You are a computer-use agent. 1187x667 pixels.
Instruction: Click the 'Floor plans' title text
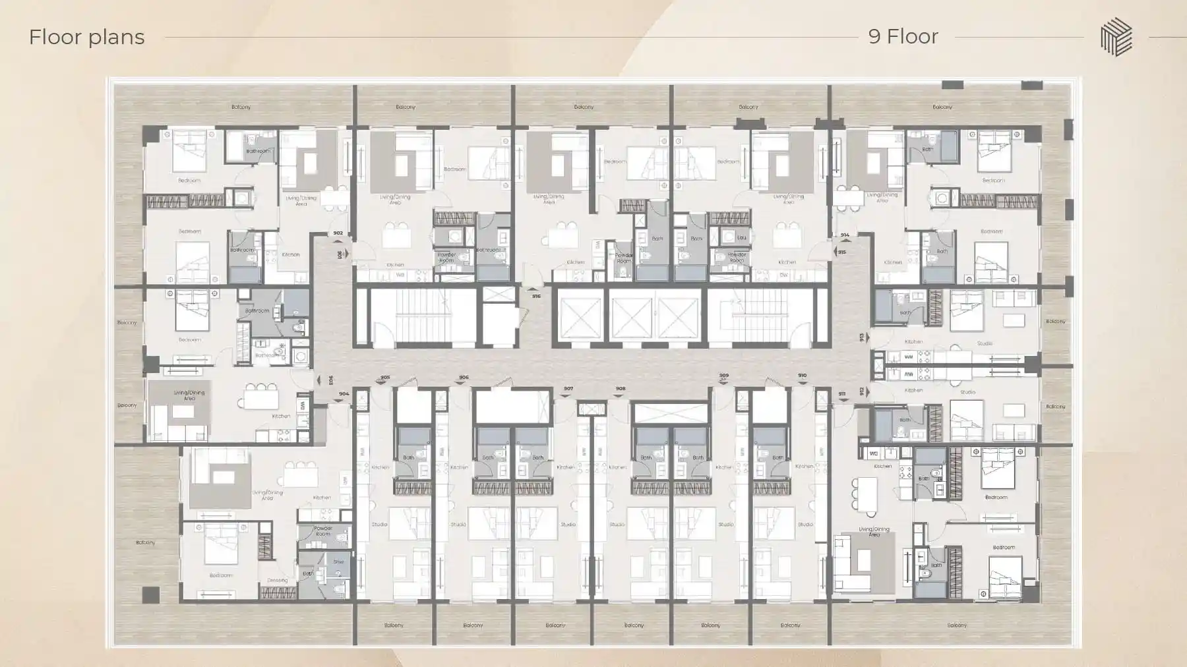click(86, 37)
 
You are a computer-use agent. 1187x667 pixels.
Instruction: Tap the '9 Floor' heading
click(903, 36)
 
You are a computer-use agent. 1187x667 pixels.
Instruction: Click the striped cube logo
click(1116, 37)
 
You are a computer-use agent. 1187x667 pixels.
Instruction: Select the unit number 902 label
click(338, 233)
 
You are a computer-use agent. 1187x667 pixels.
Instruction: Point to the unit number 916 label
click(536, 296)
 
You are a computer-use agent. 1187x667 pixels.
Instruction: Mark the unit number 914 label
click(845, 235)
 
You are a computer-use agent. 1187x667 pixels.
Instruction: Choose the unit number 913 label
click(862, 337)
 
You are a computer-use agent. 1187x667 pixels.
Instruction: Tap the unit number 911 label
click(842, 393)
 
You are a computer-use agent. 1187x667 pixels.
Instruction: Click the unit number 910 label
click(802, 375)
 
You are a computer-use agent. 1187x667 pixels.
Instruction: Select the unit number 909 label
click(724, 375)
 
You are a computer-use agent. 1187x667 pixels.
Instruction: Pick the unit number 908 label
click(620, 388)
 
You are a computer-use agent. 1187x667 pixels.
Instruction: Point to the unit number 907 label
click(568, 388)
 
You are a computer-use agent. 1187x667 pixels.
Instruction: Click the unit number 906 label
click(464, 378)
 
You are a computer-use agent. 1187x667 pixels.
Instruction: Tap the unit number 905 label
click(385, 378)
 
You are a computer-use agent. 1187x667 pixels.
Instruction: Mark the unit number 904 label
click(344, 393)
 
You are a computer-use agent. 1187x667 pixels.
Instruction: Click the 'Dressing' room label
click(277, 581)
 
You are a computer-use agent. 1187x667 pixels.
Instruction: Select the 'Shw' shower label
click(338, 562)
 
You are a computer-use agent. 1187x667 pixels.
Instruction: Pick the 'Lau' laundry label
click(742, 237)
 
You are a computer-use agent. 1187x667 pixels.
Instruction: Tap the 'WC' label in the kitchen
click(873, 453)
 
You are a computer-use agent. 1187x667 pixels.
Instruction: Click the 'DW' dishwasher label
click(783, 275)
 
